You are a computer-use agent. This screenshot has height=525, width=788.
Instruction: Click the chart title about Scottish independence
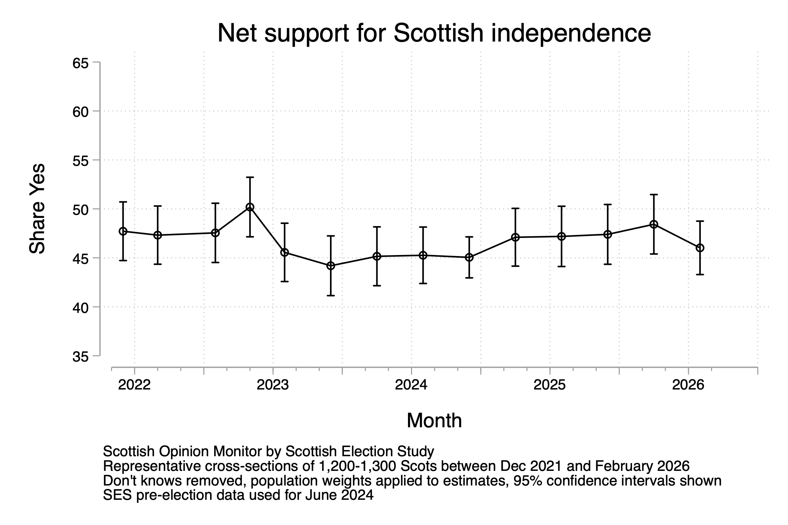pos(434,33)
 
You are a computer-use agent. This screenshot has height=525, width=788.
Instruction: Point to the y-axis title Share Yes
pos(37,209)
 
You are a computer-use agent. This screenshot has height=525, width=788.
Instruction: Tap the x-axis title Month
pos(434,420)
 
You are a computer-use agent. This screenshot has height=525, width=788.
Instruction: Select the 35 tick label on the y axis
pos(80,357)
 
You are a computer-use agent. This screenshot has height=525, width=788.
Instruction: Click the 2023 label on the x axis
pos(273,385)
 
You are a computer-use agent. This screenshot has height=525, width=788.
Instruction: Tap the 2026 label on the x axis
pos(688,385)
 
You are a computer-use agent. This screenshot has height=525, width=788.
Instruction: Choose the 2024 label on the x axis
pos(411,385)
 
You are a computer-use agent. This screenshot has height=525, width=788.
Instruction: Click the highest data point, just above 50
pos(250,207)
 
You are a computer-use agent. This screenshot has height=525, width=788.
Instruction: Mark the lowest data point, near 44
pos(331,266)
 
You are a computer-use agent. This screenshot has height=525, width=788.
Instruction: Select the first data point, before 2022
pos(123,231)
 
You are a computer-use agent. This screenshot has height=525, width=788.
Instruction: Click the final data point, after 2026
pos(700,248)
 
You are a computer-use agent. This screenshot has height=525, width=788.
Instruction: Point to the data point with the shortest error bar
pos(469,257)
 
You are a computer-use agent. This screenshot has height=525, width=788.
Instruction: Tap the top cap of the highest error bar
pos(250,177)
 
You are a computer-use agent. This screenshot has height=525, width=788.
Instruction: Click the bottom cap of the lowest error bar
pos(331,296)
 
